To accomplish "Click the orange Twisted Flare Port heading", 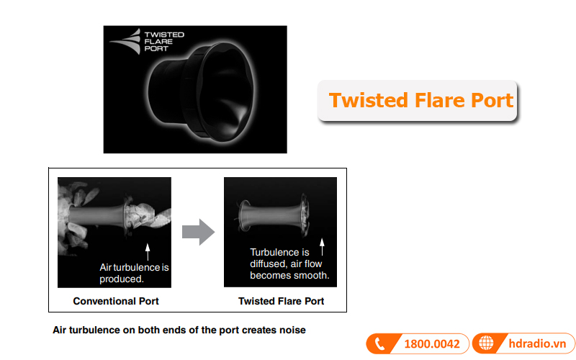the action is point(421,100).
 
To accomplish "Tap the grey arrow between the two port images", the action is point(199,232).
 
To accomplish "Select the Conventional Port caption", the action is point(116,301).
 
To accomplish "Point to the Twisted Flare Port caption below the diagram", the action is point(281,301).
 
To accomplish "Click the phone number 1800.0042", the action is point(432,344).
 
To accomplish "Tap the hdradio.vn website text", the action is point(537,343).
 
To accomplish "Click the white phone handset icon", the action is point(379,344).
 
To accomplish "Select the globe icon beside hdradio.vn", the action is point(486,343).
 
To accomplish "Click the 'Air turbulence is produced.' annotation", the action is point(134,273).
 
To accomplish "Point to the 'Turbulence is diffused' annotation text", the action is point(289,264).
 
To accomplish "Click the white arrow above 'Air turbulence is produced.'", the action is point(148,252).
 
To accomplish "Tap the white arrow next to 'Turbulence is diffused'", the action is point(322,247).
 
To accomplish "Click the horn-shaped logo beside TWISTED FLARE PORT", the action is point(125,42).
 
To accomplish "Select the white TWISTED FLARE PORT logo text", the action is point(164,42).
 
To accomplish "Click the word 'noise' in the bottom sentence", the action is point(292,330).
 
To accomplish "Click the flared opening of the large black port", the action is point(226,92).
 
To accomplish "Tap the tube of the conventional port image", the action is point(96,215).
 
